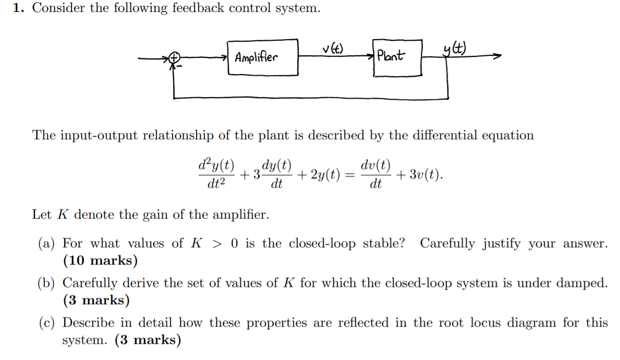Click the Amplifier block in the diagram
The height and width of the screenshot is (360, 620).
263,56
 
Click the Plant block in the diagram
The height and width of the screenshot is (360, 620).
396,56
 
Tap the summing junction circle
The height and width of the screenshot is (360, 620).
175,58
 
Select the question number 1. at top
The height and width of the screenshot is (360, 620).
19,9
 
